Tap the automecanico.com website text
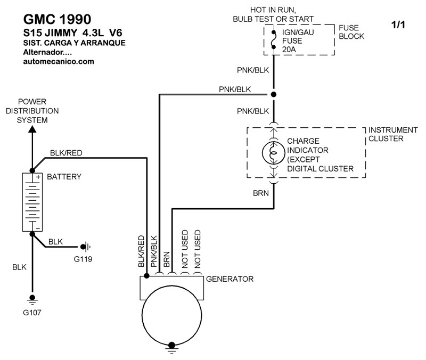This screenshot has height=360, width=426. [x=59, y=61]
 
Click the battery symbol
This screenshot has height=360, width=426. [x=32, y=203]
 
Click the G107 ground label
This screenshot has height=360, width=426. [x=32, y=312]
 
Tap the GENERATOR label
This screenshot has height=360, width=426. [x=230, y=279]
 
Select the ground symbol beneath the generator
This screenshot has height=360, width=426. [x=171, y=347]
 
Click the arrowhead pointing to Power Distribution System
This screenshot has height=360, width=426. [x=32, y=128]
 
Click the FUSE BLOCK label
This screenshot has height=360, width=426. [x=351, y=32]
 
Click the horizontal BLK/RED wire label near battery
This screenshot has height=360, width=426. [x=66, y=153]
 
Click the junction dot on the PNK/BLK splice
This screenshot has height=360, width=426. [x=274, y=94]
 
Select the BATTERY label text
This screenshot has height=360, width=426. [x=64, y=177]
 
